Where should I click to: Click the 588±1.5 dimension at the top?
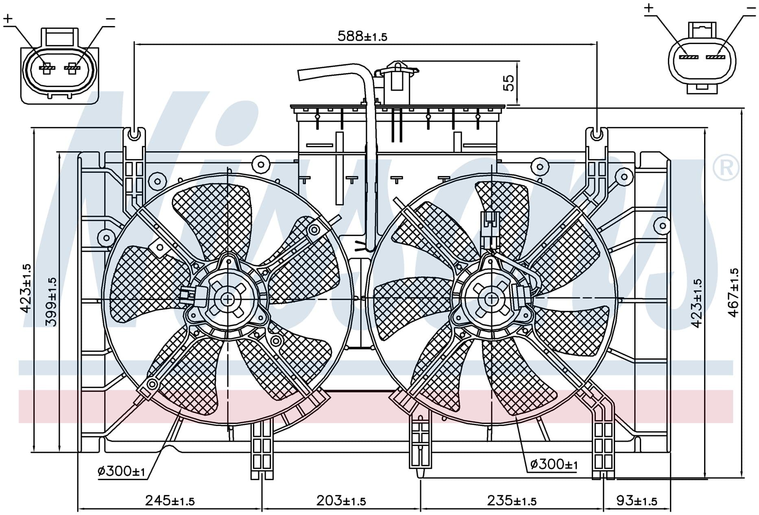[x=362, y=36]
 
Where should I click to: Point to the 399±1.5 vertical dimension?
[x=51, y=302]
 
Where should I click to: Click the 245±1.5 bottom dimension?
[x=170, y=500]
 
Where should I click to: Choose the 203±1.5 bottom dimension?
[x=341, y=500]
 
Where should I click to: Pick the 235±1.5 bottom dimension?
[x=512, y=500]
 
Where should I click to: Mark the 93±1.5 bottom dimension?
[x=637, y=500]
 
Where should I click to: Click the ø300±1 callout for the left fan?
[x=121, y=471]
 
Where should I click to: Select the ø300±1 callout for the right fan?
[x=554, y=464]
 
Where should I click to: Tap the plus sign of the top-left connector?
[x=8, y=18]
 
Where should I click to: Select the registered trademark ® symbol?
[x=726, y=167]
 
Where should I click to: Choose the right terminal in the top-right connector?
[x=716, y=57]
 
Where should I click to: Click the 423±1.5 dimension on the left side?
[x=25, y=288]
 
